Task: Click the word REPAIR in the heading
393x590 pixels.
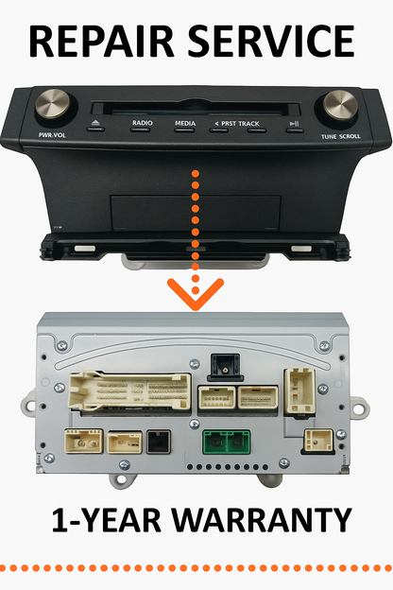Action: click(101, 41)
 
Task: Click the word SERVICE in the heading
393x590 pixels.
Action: click(271, 41)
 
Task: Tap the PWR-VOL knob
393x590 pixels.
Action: click(53, 103)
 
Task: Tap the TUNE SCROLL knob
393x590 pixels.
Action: click(340, 105)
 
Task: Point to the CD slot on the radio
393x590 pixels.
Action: click(196, 109)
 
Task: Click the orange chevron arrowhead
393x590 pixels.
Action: click(196, 294)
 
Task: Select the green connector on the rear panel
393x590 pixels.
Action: click(227, 442)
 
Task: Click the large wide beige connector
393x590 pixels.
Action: click(130, 390)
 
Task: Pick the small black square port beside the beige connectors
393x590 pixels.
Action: click(159, 442)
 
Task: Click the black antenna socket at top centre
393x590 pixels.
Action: click(225, 367)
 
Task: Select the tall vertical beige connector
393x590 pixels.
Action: click(299, 391)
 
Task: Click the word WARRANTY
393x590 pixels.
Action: click(262, 520)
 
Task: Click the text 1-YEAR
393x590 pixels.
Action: click(107, 520)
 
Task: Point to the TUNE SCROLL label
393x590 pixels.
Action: click(340, 136)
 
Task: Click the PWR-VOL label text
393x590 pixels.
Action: click(52, 135)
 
